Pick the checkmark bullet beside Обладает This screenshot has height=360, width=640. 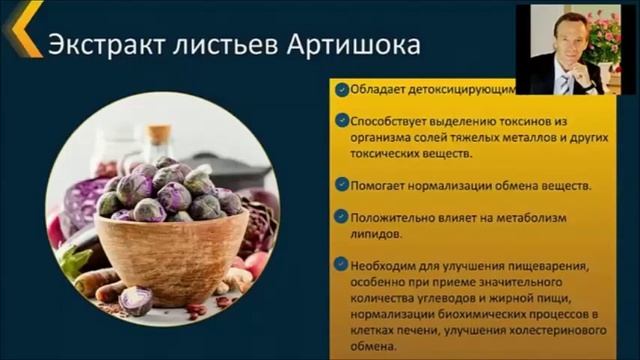pyautogui.click(x=342, y=88)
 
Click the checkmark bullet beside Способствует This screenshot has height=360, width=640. pyautogui.click(x=342, y=118)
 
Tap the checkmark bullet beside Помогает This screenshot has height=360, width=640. pyautogui.click(x=342, y=185)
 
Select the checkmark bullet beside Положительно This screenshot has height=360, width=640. pyautogui.click(x=342, y=216)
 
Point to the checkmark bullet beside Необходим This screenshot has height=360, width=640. pyautogui.click(x=342, y=264)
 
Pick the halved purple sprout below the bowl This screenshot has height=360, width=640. pyautogui.click(x=134, y=299)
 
